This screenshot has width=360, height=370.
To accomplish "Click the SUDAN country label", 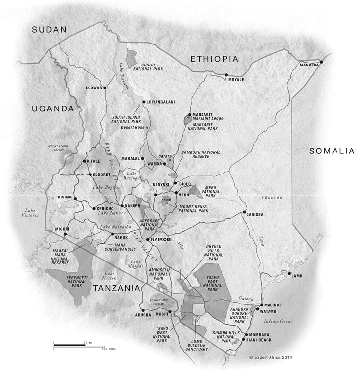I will (x=48, y=30).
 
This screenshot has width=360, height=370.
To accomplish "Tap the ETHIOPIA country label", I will (x=214, y=59).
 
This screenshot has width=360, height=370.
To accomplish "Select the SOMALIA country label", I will (x=331, y=152).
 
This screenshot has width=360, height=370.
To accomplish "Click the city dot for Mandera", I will (x=321, y=62).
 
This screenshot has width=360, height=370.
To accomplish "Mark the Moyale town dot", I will (x=226, y=75).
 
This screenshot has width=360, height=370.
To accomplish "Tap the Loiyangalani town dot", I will (x=143, y=102).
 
